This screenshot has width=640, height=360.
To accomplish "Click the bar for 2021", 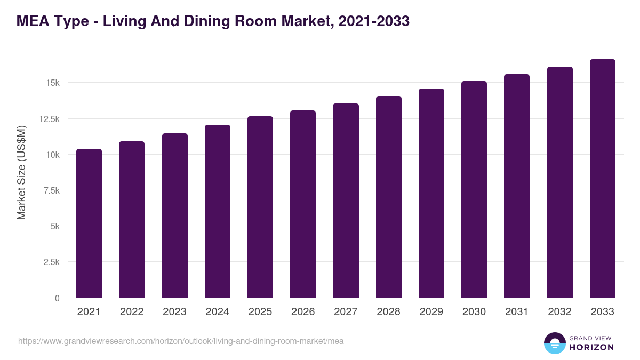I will click(89, 223).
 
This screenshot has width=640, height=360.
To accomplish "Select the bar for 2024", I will click(218, 211).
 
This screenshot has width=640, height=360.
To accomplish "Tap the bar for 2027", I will click(346, 201).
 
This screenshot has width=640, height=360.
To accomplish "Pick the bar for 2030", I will click(474, 189).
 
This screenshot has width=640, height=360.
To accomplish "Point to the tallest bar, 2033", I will click(602, 179).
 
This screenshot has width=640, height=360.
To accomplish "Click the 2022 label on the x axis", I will click(132, 312).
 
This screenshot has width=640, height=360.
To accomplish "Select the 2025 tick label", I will click(260, 312).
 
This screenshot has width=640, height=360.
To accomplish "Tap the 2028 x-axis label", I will click(388, 312).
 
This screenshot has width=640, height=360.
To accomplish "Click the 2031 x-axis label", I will click(517, 312).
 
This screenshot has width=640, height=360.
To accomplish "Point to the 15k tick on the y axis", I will click(52, 83).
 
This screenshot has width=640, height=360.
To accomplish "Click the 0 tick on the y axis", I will click(57, 298).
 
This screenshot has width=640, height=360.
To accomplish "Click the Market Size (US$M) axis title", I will click(21, 173).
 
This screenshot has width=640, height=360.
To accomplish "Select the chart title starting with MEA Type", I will click(213, 21).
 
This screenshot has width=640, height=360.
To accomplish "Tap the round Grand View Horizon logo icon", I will click(554, 343).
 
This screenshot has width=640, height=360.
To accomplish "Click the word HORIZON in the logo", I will click(591, 347).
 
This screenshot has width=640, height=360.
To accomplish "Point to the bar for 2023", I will click(175, 215).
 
